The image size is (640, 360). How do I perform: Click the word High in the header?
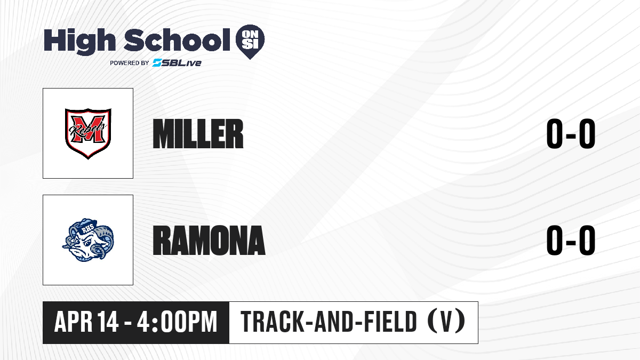79,41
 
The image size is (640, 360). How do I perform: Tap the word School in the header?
177,39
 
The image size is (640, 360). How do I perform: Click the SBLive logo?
177,63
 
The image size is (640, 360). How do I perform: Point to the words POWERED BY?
130,63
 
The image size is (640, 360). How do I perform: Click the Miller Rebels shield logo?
88,133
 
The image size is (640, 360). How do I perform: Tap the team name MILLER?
198,134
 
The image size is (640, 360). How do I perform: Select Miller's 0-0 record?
571,134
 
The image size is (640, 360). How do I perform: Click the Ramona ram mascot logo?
88,240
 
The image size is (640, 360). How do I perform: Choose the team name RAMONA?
209,240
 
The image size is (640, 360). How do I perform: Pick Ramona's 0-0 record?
571,240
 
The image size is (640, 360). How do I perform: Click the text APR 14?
86,322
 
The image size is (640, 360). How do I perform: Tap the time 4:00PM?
177,322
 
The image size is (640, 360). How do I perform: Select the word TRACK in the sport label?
271,322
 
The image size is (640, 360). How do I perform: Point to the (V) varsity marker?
446,321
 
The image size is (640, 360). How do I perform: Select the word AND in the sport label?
333,322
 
